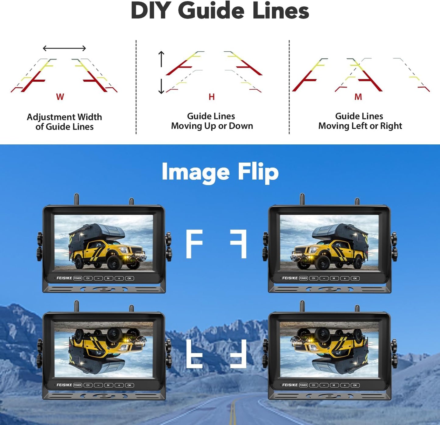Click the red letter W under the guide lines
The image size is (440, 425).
click(x=60, y=97)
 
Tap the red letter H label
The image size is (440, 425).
click(x=212, y=97)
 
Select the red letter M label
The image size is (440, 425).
click(x=358, y=97)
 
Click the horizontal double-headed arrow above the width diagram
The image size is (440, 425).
click(x=64, y=48)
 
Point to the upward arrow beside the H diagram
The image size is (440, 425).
click(x=161, y=59)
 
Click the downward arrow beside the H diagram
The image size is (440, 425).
click(x=161, y=86)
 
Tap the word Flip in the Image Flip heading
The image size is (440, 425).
click(x=258, y=172)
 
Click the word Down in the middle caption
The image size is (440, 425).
click(x=241, y=126)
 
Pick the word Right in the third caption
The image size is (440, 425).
click(x=391, y=126)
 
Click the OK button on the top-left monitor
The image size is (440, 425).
click(x=129, y=278)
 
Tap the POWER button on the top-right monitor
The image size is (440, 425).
click(x=303, y=278)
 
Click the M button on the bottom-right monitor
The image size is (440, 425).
click(x=334, y=385)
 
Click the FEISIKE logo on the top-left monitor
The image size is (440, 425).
click(x=64, y=278)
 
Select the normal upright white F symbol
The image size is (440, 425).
click(x=194, y=244)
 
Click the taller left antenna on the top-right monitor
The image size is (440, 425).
click(x=302, y=199)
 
